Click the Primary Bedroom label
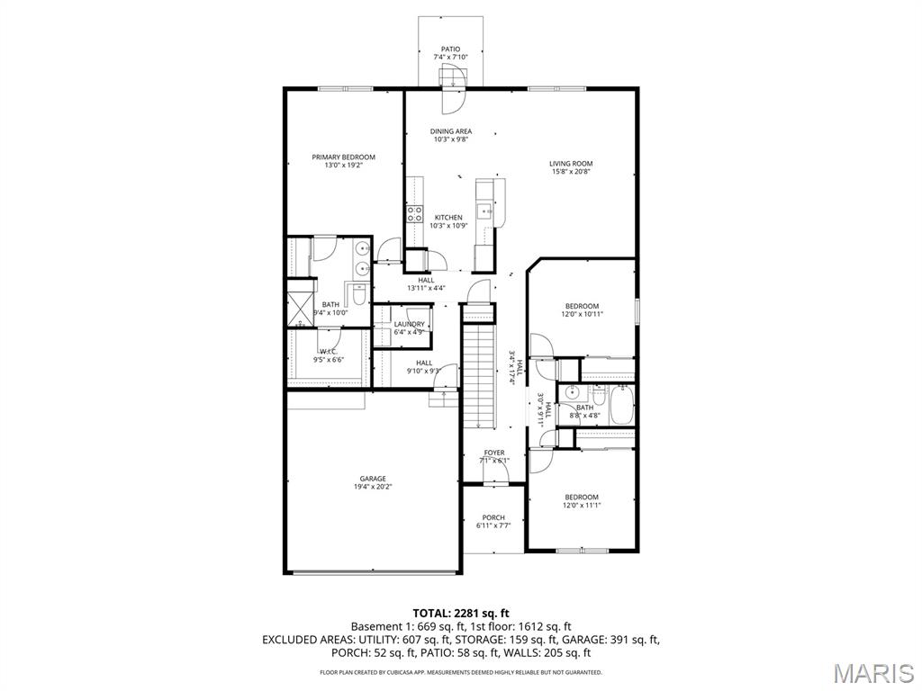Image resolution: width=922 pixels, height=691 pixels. point(343,157)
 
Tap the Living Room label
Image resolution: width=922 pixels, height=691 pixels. point(571,164)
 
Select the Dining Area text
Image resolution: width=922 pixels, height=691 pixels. point(450,131)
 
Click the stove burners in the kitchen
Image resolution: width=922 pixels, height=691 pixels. point(415,213)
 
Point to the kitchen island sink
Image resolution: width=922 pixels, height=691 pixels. point(484,212)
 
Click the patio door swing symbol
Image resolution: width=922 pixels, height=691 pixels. point(453,78)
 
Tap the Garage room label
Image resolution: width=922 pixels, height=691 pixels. point(373,479)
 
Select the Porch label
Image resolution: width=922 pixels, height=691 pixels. point(493,517)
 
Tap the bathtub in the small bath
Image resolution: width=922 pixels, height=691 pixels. point(621,404)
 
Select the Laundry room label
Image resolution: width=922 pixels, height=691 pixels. point(409,324)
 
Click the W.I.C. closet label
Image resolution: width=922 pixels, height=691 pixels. point(329,352)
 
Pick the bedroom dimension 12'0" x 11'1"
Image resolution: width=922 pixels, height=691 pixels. point(582,505)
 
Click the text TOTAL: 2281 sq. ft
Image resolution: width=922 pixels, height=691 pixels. point(460,613)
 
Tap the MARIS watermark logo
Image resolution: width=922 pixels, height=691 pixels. point(871,674)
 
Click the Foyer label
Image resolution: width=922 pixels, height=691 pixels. point(494,453)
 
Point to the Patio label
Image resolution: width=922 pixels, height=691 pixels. point(450,49)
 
